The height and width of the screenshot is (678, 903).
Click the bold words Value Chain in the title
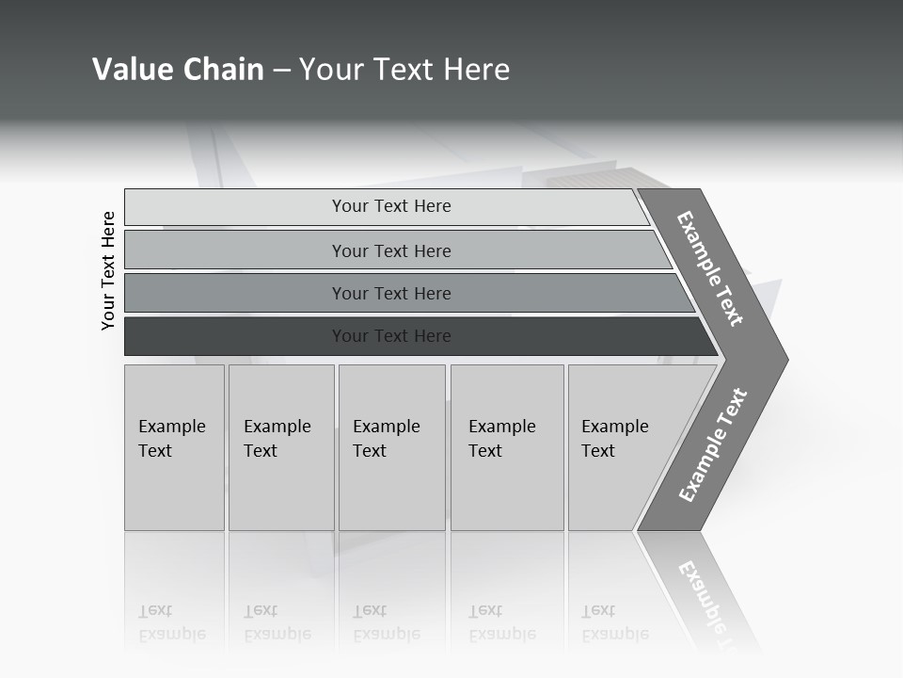(x=178, y=70)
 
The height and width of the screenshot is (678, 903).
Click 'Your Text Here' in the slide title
(x=404, y=70)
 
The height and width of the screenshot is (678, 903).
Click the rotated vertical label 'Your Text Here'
(x=108, y=270)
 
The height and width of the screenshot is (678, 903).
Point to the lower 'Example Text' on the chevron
(x=712, y=445)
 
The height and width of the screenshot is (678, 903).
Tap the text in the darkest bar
(x=391, y=336)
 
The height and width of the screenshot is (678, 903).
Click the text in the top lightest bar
(x=391, y=206)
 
